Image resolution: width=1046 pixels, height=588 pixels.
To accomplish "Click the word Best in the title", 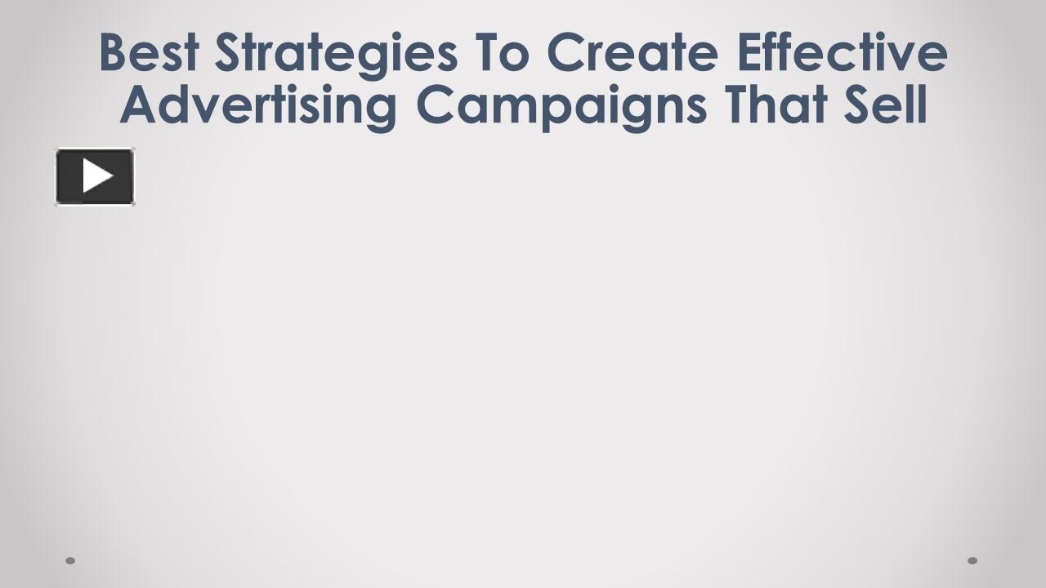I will (148, 52).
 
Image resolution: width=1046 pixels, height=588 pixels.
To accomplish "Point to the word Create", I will (633, 52).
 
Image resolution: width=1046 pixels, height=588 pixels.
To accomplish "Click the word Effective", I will (842, 52).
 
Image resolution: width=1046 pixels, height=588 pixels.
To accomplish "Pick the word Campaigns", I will (561, 106).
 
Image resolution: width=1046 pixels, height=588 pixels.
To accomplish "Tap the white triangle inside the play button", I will (97, 176).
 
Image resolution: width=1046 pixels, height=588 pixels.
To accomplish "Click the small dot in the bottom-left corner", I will (70, 560).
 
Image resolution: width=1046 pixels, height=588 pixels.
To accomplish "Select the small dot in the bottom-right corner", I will (972, 560).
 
